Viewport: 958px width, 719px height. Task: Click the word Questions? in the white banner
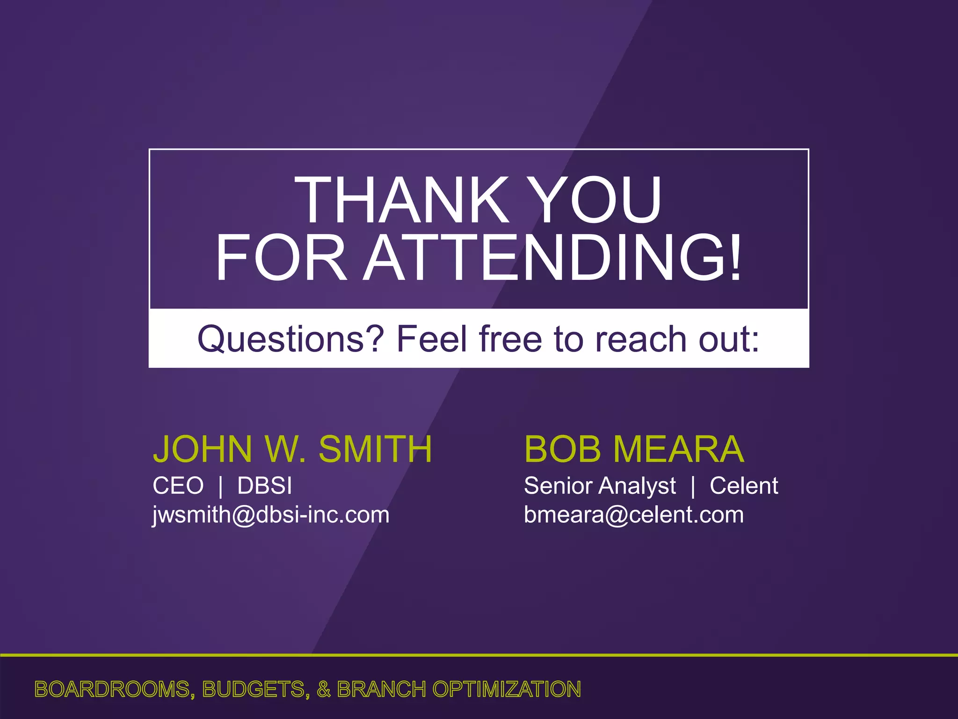pyautogui.click(x=290, y=339)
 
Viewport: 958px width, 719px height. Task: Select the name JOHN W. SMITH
pyautogui.click(x=292, y=449)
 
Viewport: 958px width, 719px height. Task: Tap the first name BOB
pyautogui.click(x=562, y=449)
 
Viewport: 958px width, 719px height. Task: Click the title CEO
pyautogui.click(x=178, y=485)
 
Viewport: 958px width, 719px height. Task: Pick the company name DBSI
pyautogui.click(x=265, y=485)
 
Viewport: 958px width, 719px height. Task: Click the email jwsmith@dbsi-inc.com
pyautogui.click(x=271, y=515)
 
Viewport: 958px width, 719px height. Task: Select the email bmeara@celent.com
pyautogui.click(x=634, y=515)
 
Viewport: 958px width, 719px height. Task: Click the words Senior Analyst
pyautogui.click(x=600, y=486)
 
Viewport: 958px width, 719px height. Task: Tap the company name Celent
pyautogui.click(x=744, y=486)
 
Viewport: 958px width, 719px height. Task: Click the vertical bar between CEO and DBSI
pyautogui.click(x=221, y=486)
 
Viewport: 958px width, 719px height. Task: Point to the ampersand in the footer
pyautogui.click(x=324, y=690)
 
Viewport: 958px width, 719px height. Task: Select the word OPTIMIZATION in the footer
pyautogui.click(x=507, y=690)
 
